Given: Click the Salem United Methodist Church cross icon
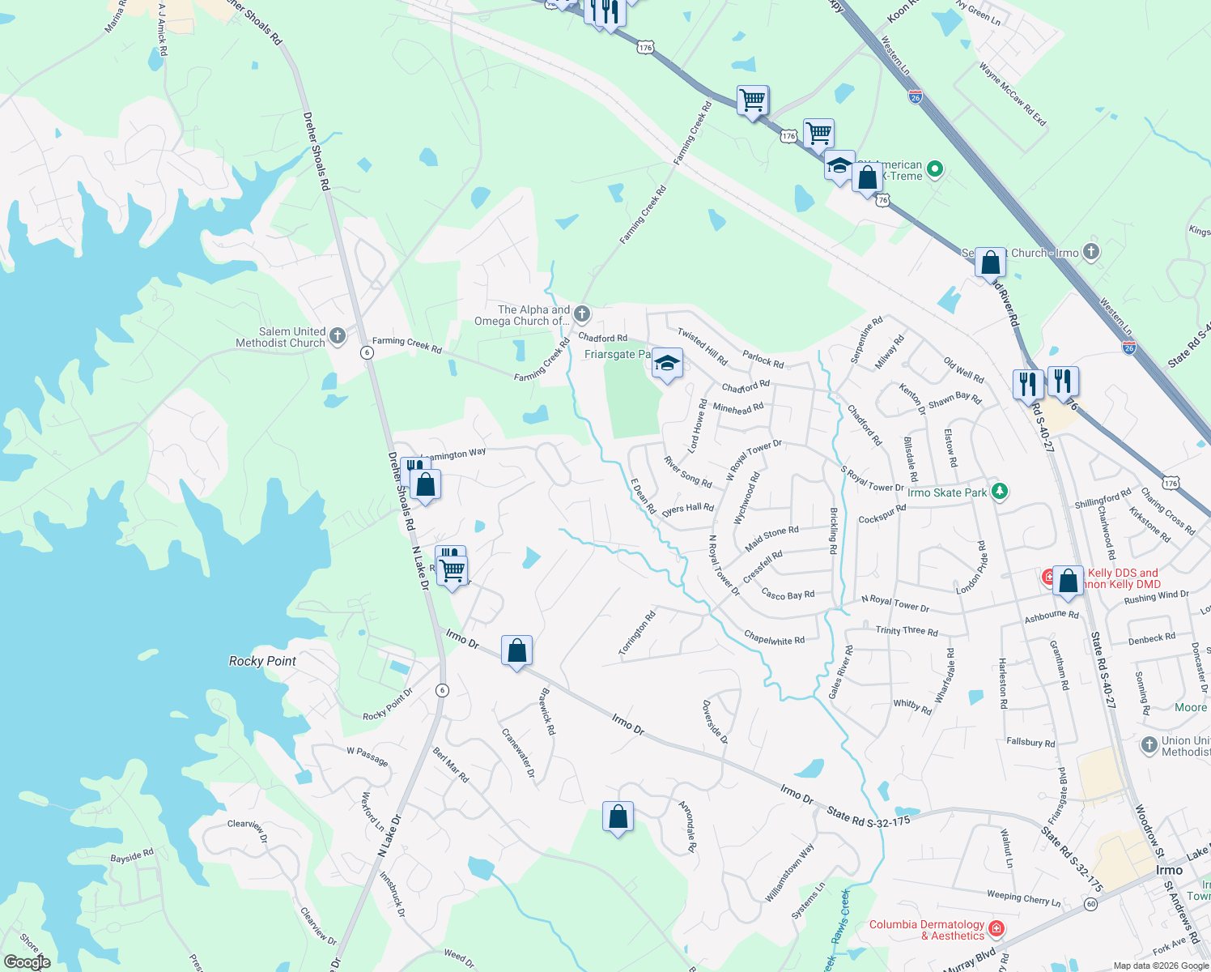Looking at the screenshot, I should [x=338, y=335].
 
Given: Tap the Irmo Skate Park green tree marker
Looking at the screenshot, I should [x=1000, y=491].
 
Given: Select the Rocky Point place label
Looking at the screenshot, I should [x=262, y=661].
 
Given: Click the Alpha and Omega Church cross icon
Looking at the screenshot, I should [x=581, y=314].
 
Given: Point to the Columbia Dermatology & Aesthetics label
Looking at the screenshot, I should [x=927, y=930].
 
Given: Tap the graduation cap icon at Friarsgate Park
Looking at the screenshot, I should [x=667, y=364].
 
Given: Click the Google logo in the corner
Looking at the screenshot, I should [x=27, y=962].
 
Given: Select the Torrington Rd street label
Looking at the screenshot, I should [x=637, y=633].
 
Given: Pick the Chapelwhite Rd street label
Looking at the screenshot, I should [x=774, y=638].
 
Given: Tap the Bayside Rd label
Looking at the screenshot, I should [x=132, y=856].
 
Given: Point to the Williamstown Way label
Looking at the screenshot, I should [x=790, y=872].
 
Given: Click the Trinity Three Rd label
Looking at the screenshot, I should [x=907, y=630].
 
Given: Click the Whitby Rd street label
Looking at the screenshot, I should [x=912, y=706].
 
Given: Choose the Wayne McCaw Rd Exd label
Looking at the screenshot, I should [x=1013, y=94].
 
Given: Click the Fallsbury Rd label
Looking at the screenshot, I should [x=1030, y=742].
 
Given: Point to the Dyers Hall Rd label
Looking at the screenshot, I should [x=688, y=509].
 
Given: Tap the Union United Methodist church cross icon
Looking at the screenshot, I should [x=1149, y=744].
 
